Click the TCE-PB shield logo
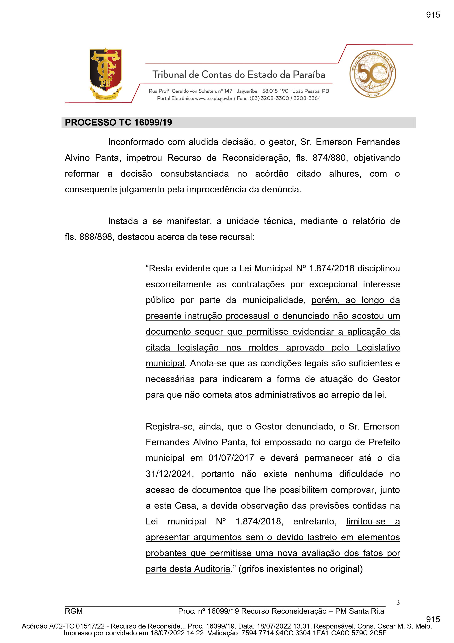tap(105, 73)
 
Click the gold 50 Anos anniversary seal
tap(373, 74)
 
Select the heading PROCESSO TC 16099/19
tap(118, 122)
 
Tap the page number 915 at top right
tap(433, 14)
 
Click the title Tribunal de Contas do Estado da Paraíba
tap(239, 75)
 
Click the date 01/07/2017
tap(231, 458)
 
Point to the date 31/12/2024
tap(169, 474)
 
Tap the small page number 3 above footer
tap(398, 602)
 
